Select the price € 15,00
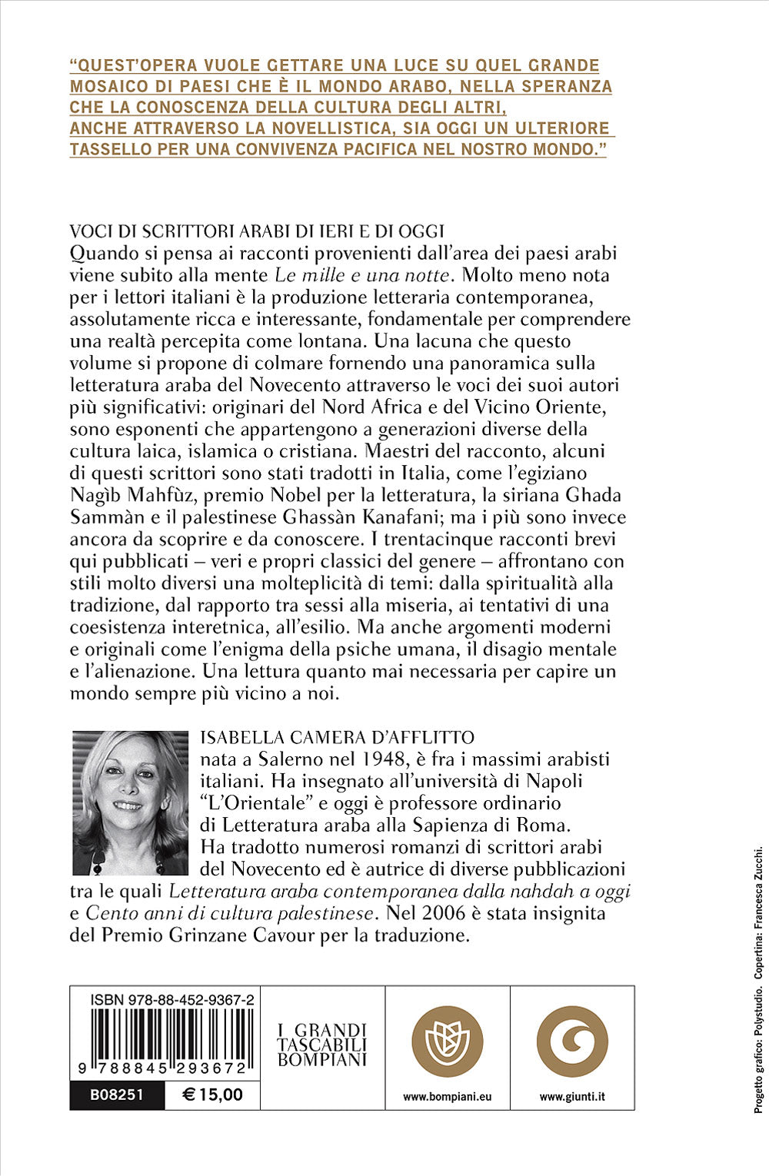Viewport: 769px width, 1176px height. [212, 1095]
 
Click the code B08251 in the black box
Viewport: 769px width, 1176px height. [117, 1095]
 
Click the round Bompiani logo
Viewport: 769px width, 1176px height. [447, 1041]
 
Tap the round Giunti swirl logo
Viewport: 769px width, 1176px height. [572, 1041]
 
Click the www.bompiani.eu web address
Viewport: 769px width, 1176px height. [447, 1097]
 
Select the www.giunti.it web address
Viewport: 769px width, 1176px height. [572, 1097]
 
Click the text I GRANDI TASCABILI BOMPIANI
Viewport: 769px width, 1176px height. [322, 1045]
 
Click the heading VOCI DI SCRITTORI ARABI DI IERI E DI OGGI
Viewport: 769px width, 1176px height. [258, 231]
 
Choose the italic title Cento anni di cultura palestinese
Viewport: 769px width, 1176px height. [230, 913]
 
